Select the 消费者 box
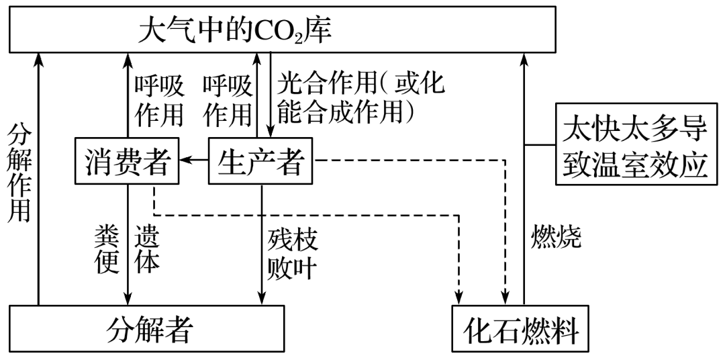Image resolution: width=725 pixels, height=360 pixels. (127, 161)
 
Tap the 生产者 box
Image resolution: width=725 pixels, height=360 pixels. (261, 161)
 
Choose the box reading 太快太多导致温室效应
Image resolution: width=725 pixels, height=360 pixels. (635, 145)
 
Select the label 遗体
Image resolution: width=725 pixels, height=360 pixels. (147, 249)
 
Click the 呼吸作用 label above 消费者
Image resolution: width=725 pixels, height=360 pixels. (158, 98)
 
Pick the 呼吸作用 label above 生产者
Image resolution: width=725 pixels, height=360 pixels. (227, 98)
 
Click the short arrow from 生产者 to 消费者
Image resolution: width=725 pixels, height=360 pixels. (195, 161)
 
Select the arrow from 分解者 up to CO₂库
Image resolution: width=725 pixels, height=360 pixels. (38, 181)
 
